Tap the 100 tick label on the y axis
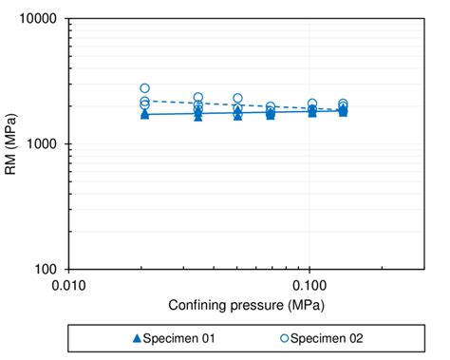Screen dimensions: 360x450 (x=47, y=270)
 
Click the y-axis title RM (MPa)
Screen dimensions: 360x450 (x=12, y=144)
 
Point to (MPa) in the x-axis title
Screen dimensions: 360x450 (x=303, y=305)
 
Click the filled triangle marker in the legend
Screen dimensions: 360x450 (x=137, y=337)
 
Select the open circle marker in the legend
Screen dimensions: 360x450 (x=284, y=337)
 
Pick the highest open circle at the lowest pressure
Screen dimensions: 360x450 (x=144, y=88)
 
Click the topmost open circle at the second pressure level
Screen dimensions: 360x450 (x=198, y=98)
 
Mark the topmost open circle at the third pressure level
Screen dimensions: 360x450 (x=237, y=99)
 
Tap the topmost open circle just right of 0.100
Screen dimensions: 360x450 (x=312, y=104)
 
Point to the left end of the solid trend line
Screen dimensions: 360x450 (x=144, y=114)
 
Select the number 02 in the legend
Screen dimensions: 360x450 (x=354, y=337)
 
